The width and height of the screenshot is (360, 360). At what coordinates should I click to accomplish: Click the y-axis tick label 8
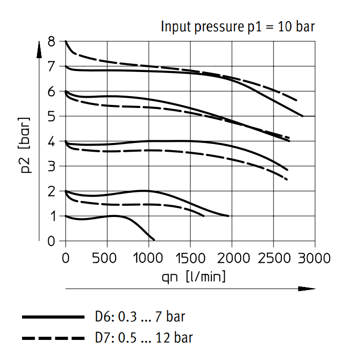pos(52,42)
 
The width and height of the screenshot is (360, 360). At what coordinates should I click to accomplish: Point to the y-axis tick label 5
pos(52,117)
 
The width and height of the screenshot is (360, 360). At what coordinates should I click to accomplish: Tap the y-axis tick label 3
pos(52,167)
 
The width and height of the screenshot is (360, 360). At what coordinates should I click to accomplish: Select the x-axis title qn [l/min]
pos(194,277)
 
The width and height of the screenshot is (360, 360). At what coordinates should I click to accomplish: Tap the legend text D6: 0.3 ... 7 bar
pos(139,317)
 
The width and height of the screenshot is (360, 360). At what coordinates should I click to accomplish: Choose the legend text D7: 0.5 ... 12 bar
pos(144,338)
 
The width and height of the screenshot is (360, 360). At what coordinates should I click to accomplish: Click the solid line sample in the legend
pos(52,317)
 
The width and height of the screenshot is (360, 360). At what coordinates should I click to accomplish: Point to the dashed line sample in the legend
pos(52,338)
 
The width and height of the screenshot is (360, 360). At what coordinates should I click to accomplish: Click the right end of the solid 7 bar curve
pos(302,116)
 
